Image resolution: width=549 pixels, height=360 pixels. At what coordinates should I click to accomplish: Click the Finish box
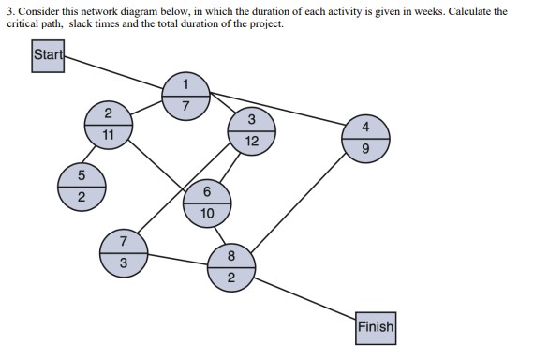click(x=375, y=328)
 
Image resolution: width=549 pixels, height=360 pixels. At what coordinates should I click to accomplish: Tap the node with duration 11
click(x=109, y=125)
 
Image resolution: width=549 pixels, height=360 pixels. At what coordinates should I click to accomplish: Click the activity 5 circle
click(x=81, y=185)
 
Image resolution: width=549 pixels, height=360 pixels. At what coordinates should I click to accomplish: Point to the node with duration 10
click(x=206, y=202)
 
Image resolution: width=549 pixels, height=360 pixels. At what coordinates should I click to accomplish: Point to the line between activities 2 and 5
click(x=94, y=155)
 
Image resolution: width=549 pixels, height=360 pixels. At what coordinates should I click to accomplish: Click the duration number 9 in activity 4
click(x=364, y=148)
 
